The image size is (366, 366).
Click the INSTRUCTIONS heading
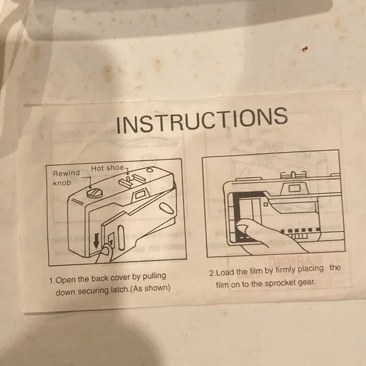coord(202,120)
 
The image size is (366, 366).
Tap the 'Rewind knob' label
coord(66,177)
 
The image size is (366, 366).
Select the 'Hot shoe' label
coord(107,168)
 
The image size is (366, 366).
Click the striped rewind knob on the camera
coord(95,194)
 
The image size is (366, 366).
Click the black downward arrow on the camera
coord(97,241)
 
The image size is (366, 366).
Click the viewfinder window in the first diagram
coord(140,194)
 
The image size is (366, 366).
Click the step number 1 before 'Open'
coord(52,280)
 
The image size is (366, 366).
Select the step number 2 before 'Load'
coord(211,273)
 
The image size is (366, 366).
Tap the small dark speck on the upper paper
coord(305,49)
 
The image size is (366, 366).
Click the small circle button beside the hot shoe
coord(150,170)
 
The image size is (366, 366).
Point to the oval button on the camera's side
coord(166,208)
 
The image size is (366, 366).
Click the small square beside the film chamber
coord(266,204)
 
